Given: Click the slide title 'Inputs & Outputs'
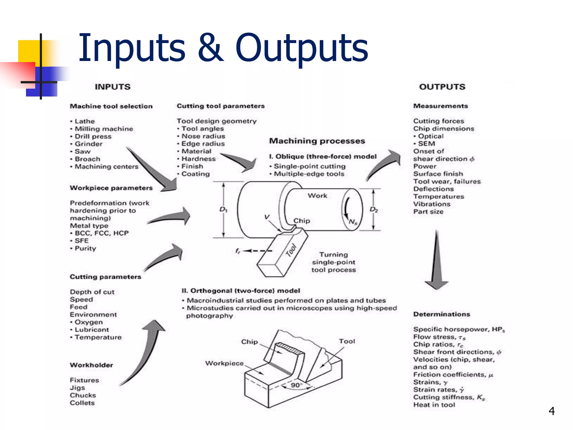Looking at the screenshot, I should tap(223, 48).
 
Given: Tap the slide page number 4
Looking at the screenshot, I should tap(551, 411).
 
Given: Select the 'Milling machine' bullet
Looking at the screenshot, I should tap(104, 129).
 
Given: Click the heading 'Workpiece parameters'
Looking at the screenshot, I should tap(111, 188).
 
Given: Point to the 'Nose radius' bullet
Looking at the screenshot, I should tap(203, 136).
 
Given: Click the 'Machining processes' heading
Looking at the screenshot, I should tap(317, 141).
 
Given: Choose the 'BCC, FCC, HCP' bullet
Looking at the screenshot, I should tap(102, 233).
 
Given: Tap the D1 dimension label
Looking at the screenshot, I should tap(223, 209).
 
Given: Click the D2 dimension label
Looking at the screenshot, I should tap(374, 209).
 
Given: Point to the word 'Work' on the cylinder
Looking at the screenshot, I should tap(317, 195).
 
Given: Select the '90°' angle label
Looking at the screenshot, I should tap(296, 385).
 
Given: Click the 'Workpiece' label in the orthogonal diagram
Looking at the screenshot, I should tap(224, 363).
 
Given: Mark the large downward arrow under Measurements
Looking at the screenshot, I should tap(436, 263).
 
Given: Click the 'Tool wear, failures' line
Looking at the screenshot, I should tap(447, 181).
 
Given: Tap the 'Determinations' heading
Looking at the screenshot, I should tap(442, 314).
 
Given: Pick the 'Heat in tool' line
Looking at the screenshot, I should tap(434, 405).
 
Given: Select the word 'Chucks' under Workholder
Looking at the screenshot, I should tap(83, 395).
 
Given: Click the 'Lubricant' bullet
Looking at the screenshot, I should tap(91, 329).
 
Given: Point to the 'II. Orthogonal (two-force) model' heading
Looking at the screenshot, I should tap(241, 291).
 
